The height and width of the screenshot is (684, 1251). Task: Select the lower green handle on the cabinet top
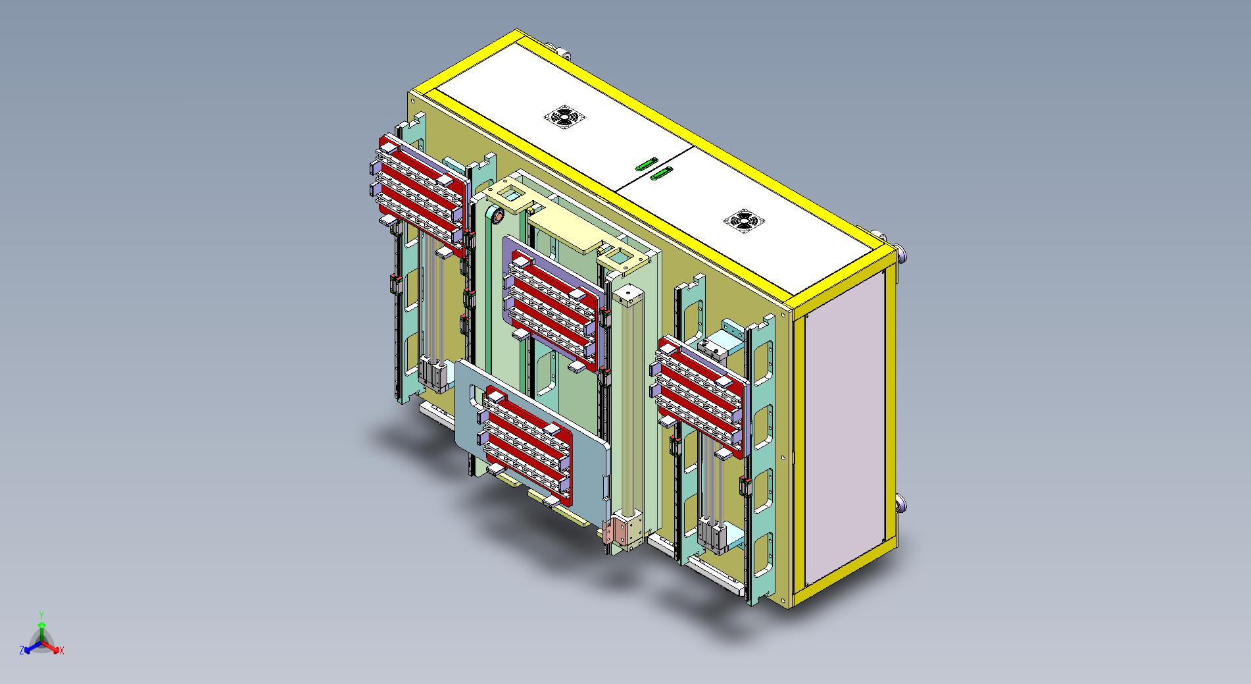[x=661, y=173]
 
